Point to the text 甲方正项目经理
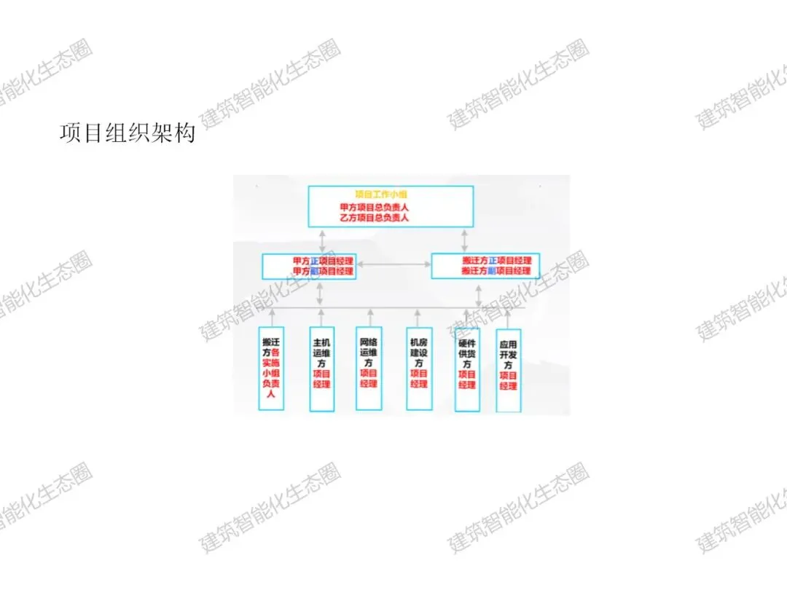pyautogui.click(x=323, y=261)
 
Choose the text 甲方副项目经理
pyautogui.click(x=323, y=271)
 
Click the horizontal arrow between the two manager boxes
pyautogui.click(x=393, y=264)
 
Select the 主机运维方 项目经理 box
pyautogui.click(x=322, y=368)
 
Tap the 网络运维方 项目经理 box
pyautogui.click(x=369, y=368)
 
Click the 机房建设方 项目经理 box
pyautogui.click(x=419, y=368)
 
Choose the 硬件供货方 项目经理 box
pyautogui.click(x=467, y=368)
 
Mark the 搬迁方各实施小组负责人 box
pyautogui.click(x=272, y=368)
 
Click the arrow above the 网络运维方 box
pyautogui.click(x=370, y=317)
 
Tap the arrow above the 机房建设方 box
pyautogui.click(x=418, y=317)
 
